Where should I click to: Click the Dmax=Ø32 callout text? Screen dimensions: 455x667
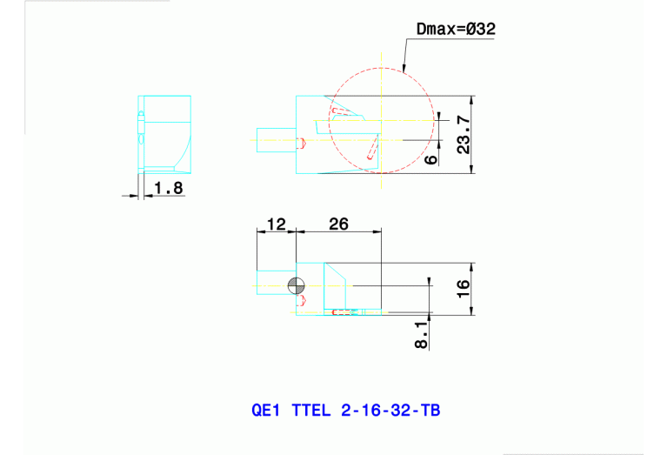click(x=456, y=30)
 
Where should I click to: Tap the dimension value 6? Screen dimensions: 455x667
click(x=430, y=158)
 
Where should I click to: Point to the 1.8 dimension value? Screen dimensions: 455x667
click(x=168, y=187)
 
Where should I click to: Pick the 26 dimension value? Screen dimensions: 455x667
click(x=338, y=224)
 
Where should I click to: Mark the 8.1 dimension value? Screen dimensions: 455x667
click(x=422, y=333)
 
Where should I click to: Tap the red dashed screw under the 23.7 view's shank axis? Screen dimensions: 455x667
click(x=302, y=143)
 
